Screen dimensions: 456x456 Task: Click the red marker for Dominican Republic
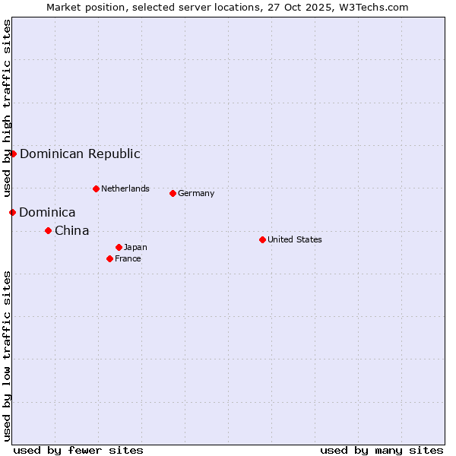(x=13, y=154)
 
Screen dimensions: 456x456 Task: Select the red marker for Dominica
(x=12, y=212)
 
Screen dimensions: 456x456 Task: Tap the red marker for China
(x=48, y=230)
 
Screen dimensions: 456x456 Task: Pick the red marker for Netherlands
(x=96, y=188)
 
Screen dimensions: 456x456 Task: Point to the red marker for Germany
(x=173, y=193)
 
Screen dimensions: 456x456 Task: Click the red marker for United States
(x=262, y=239)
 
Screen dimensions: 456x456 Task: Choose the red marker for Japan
(x=119, y=247)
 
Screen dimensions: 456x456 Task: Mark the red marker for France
(x=109, y=258)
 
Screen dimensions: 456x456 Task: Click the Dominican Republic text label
(x=80, y=154)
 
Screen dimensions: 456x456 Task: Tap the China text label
(x=71, y=230)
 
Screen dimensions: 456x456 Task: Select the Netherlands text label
(x=125, y=188)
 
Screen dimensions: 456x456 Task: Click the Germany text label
(x=196, y=193)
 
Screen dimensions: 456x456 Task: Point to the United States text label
(x=294, y=239)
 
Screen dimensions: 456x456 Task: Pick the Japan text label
(x=135, y=247)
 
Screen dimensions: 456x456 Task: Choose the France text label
(x=128, y=258)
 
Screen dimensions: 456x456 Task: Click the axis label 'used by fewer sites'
(x=78, y=450)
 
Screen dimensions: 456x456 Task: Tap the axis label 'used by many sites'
(x=382, y=450)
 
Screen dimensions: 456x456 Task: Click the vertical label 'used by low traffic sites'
(x=7, y=356)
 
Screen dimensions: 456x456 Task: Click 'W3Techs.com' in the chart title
(x=375, y=7)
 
